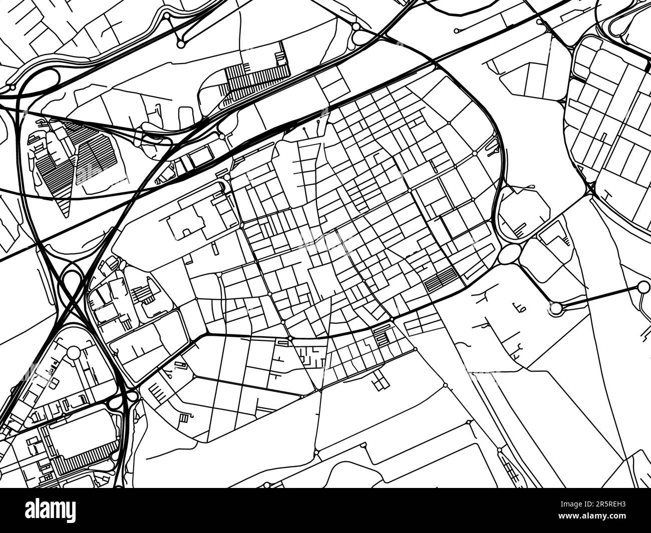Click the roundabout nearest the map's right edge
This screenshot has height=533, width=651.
point(641,287)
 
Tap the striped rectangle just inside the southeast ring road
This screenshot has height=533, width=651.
point(441,278)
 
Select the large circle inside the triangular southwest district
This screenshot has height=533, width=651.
point(74,352)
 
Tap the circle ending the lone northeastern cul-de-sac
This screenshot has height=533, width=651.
point(456,31)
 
